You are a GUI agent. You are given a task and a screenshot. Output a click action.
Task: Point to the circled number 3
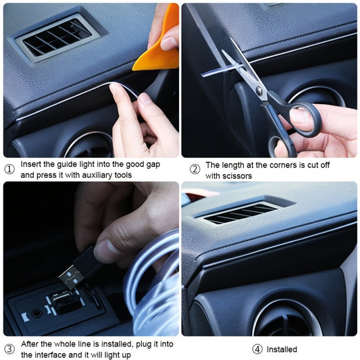tap(9, 349)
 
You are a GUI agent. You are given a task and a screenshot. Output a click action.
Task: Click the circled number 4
tap(257, 349)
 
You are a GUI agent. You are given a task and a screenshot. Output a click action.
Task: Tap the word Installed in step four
tap(282, 349)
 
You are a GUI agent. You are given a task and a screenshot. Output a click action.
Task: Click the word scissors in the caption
tap(236, 175)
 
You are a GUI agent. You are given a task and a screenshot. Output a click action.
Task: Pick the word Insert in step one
tap(32, 164)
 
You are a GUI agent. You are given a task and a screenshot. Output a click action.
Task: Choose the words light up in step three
tap(118, 355)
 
